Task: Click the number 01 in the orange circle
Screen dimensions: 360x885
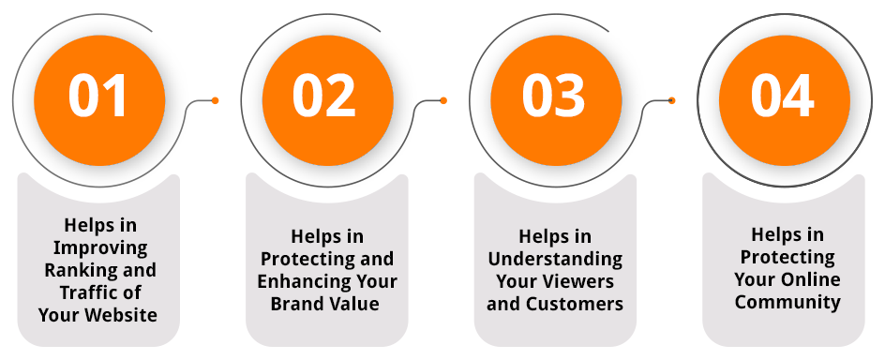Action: tap(98, 96)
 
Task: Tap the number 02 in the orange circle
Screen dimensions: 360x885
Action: tap(324, 96)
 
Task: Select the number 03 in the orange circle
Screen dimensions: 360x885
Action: tap(553, 96)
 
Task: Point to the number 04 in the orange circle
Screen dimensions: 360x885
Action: tap(782, 96)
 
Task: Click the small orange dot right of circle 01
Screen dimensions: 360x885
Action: tap(216, 100)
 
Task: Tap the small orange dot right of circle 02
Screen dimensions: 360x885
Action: tap(443, 100)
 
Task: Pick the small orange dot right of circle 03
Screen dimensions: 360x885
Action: tap(672, 100)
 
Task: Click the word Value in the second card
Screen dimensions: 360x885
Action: tap(356, 304)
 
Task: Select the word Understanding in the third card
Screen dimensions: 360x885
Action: tap(555, 259)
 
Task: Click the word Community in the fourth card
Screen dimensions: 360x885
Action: tap(787, 302)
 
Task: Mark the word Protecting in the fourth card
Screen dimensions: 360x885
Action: tap(787, 257)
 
